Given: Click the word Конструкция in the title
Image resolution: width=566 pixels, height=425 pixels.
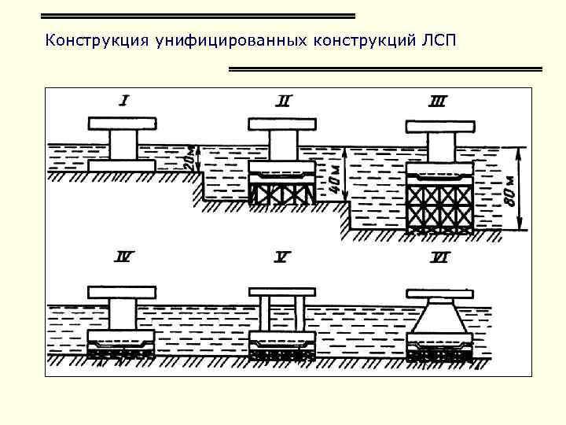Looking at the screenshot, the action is (x=90, y=41).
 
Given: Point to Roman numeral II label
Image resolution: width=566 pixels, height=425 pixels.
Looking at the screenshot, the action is (x=283, y=100).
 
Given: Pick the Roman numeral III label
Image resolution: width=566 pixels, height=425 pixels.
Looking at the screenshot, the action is (x=438, y=101).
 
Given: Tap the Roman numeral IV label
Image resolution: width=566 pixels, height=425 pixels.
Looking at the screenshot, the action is (x=124, y=256).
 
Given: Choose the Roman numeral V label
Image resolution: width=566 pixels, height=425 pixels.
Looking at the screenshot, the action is (x=283, y=256).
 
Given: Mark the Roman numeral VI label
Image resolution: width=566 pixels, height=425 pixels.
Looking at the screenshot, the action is (x=439, y=257).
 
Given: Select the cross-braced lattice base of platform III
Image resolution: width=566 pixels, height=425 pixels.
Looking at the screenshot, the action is (x=439, y=206).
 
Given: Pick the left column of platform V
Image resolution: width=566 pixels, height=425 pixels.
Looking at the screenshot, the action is (x=265, y=315).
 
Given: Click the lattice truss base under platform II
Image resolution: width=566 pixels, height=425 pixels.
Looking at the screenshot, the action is (x=282, y=191).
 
